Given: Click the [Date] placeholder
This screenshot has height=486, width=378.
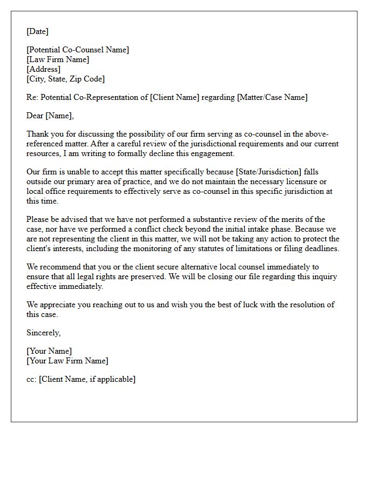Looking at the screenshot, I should pyautogui.click(x=37, y=31).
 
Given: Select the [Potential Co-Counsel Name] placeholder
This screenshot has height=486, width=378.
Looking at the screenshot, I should pyautogui.click(x=78, y=50).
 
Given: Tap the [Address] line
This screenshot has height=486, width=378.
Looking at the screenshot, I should pyautogui.click(x=43, y=69).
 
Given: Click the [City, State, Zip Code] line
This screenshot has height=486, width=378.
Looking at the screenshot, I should pyautogui.click(x=65, y=79).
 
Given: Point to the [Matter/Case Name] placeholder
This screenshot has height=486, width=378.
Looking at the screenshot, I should pyautogui.click(x=272, y=97).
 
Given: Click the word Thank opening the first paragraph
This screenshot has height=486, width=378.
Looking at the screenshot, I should pyautogui.click(x=37, y=134).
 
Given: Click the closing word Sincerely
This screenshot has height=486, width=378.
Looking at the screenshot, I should pyautogui.click(x=43, y=333).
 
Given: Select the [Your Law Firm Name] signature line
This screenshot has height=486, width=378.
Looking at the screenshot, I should pyautogui.click(x=67, y=361).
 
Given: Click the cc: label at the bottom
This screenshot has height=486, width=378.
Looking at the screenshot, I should pyautogui.click(x=31, y=379).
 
